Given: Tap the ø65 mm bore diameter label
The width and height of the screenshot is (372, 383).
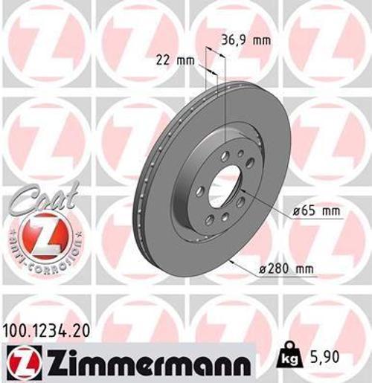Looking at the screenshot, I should [315, 212].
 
